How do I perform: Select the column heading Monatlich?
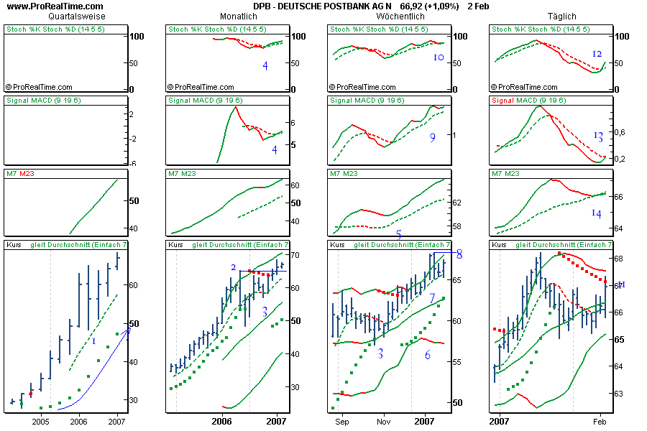[239, 16]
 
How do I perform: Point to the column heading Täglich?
[561, 16]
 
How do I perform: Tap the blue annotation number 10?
[439, 57]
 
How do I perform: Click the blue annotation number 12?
[597, 55]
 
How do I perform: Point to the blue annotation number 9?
[432, 137]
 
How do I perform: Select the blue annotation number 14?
[597, 213]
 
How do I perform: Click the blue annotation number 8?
[459, 254]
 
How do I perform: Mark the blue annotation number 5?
[399, 234]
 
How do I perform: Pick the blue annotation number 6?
[427, 355]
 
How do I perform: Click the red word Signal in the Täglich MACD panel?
[503, 100]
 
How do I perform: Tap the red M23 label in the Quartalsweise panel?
[27, 173]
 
